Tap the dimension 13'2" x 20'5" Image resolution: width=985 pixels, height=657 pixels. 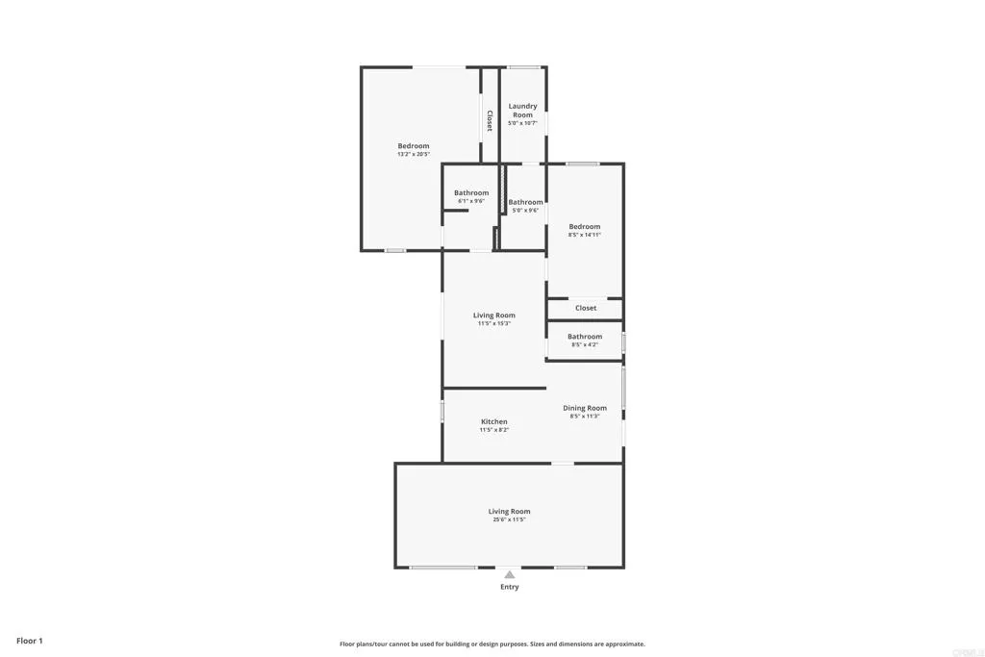[x=414, y=154]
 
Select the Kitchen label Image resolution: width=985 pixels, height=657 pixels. [x=494, y=421]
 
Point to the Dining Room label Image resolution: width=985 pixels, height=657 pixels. [x=585, y=408]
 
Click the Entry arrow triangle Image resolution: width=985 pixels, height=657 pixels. [x=509, y=574]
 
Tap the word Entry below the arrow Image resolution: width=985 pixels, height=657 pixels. [x=509, y=587]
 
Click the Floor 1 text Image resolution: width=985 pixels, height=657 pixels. [x=29, y=640]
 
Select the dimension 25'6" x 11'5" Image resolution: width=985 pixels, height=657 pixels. [x=510, y=519]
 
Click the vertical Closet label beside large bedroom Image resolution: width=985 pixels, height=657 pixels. [x=490, y=120]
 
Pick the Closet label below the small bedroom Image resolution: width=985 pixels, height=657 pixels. [x=586, y=308]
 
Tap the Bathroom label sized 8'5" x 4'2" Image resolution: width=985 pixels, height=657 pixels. [x=585, y=337]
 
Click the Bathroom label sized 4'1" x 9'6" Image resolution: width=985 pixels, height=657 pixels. [x=471, y=192]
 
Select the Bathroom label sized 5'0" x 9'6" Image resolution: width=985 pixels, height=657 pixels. [x=525, y=202]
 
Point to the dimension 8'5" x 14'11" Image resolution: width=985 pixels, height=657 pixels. [x=585, y=234]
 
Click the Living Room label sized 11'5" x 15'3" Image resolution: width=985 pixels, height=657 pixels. [x=494, y=315]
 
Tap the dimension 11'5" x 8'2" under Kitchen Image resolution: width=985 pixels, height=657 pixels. [x=494, y=430]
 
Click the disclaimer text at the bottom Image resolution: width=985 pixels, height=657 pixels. [x=492, y=644]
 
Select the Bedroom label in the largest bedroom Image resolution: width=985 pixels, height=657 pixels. [x=414, y=145]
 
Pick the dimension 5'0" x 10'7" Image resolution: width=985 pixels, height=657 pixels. [x=522, y=123]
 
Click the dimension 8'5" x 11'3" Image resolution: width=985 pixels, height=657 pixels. [x=585, y=417]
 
